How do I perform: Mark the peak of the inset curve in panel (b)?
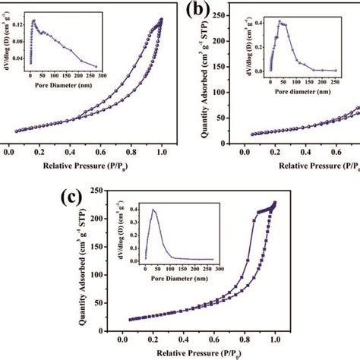(279, 21)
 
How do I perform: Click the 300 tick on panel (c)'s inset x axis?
(219, 270)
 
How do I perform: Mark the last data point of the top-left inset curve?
(96, 66)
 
